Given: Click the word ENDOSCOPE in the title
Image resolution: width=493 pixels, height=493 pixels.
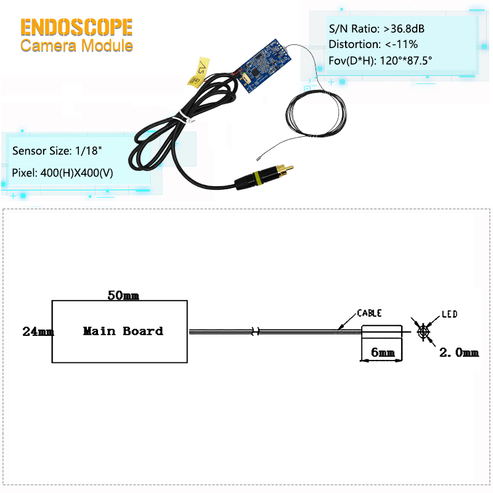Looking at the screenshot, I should coord(76,27).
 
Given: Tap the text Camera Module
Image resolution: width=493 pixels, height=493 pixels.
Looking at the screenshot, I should coord(76,46).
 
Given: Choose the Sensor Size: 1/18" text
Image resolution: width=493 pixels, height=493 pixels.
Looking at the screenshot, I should coord(51,151).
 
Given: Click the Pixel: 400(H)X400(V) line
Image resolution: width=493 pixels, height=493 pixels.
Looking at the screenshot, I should coord(63,172).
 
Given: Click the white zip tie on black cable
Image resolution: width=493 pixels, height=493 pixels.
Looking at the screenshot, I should coord(182,116).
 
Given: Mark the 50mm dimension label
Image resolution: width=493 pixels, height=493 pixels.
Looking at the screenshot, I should coord(123,295).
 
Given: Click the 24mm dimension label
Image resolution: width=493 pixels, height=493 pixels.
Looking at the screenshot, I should coord(38,331).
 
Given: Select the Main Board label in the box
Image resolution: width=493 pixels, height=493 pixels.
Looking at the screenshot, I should coord(123,331).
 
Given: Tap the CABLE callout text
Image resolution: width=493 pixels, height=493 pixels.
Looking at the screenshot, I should coord(371,313).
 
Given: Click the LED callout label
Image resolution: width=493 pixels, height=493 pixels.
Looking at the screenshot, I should coord(449,314).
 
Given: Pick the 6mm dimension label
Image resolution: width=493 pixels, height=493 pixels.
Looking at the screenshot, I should coord(383,353).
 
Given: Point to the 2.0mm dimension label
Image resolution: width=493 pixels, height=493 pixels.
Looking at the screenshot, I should coord(458,352).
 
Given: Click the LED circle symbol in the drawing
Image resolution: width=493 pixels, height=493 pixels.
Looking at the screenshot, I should coord(423,332).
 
